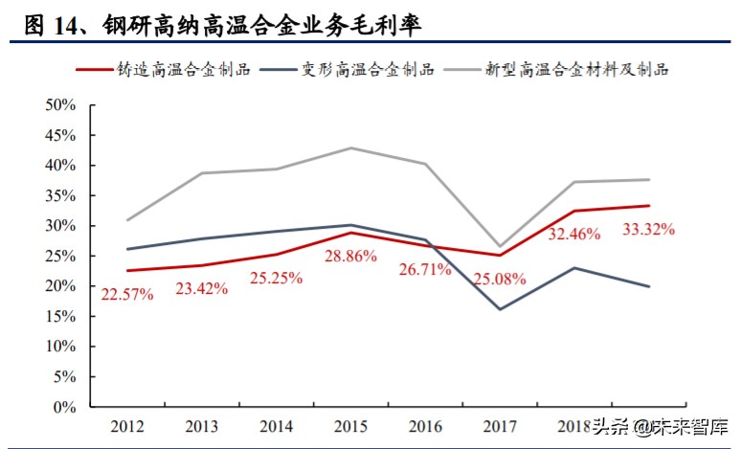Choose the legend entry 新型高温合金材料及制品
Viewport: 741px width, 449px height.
coord(575,70)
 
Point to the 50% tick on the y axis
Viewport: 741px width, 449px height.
coord(59,104)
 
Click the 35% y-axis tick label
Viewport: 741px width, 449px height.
coord(59,195)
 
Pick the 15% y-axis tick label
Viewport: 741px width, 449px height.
coord(59,317)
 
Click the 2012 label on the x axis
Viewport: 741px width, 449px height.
coord(127,425)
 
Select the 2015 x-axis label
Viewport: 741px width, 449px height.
coord(349,425)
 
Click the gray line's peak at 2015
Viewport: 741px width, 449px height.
coord(350,147)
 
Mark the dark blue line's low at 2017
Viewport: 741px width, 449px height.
coord(499,309)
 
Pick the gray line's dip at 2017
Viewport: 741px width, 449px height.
coord(499,246)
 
